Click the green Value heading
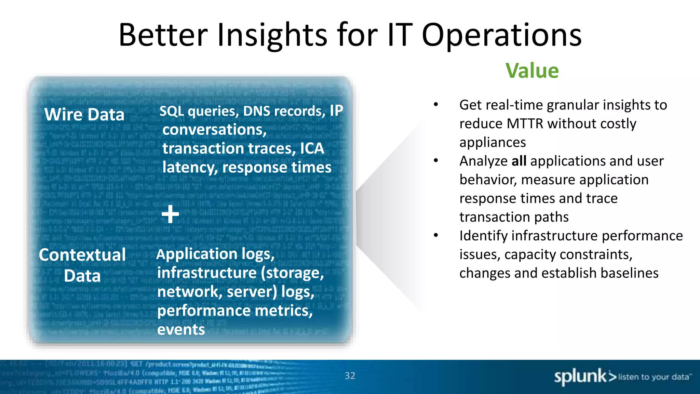point(532,71)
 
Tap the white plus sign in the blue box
point(170,214)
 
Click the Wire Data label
point(84,114)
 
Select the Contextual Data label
point(82,265)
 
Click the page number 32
point(350,376)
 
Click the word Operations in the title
point(501,35)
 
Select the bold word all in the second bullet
point(519,161)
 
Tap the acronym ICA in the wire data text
point(312,148)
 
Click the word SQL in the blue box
point(172,111)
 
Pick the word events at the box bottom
point(181,329)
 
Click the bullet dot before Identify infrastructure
point(436,235)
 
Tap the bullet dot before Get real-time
point(436,105)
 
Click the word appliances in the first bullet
point(493,142)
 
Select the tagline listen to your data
point(654,377)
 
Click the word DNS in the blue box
point(257,111)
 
